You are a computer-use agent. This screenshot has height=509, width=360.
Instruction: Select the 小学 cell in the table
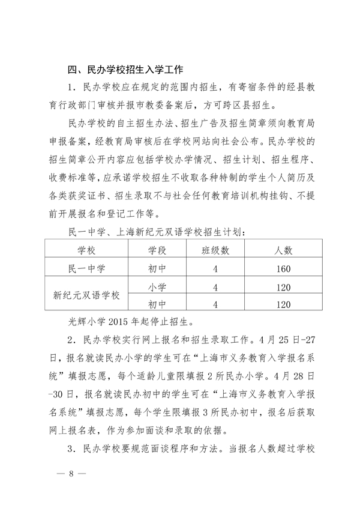[157, 286]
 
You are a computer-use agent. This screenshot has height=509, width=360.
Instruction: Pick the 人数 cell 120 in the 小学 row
[280, 286]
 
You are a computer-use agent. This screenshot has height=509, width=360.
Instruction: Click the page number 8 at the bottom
[70, 473]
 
